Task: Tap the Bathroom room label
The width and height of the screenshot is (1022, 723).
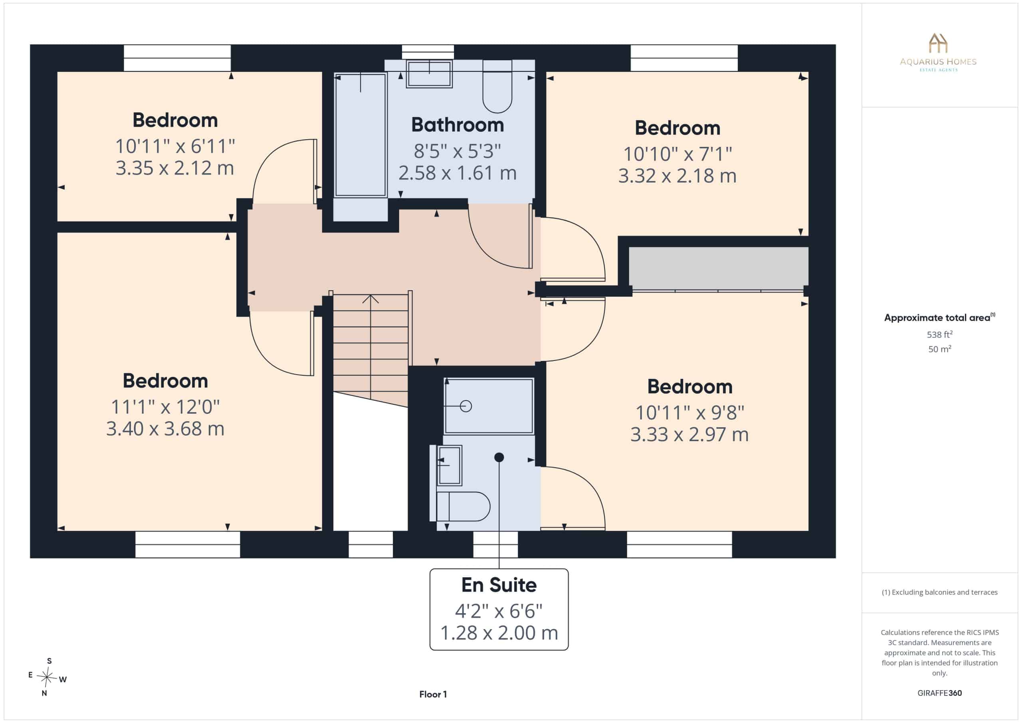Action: pos(458,125)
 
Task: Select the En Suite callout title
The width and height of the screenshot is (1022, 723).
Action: pos(499,585)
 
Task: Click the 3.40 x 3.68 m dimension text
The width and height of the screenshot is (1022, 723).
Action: pos(165,429)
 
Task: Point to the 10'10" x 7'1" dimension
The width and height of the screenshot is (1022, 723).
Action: pos(677,154)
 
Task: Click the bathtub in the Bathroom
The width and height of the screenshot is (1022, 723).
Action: pos(360,135)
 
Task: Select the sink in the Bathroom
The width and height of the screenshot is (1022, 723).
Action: pos(429,74)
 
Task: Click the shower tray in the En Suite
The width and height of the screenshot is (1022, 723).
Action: pos(489,406)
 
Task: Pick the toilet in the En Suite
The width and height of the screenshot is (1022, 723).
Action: pos(460,506)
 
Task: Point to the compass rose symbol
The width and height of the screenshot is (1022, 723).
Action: pos(47,677)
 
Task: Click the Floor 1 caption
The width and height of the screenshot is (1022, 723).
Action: pos(433,694)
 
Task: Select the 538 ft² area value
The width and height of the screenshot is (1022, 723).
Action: pos(940,334)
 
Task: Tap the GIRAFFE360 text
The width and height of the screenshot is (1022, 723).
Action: pos(940,693)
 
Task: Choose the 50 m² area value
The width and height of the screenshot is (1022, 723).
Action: pos(940,349)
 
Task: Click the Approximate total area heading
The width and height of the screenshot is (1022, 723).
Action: pos(940,317)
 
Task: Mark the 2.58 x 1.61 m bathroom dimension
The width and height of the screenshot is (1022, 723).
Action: pos(458,173)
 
